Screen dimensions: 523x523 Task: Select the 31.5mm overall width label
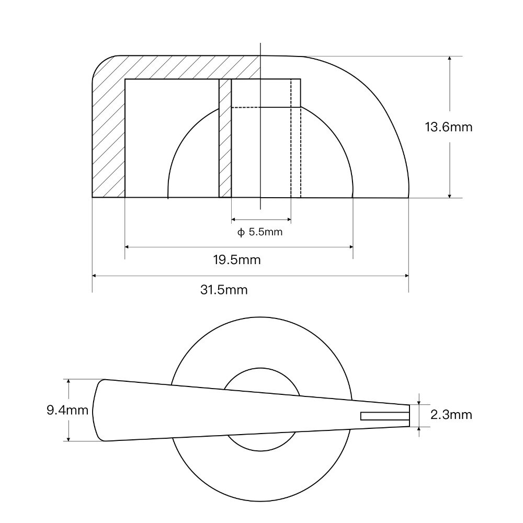pos(224,289)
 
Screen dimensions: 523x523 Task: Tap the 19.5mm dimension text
pos(237,259)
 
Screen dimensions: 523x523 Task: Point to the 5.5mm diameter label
pos(266,232)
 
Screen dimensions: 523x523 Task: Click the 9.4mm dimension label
pos(67,410)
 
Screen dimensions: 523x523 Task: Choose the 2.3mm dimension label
pos(451,415)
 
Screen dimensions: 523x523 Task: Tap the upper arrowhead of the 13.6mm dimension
pos(449,59)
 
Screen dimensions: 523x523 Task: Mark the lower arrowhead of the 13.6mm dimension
pos(449,195)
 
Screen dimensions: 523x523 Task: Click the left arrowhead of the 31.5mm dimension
pos(95,276)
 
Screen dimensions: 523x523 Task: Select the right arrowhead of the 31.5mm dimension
pos(406,276)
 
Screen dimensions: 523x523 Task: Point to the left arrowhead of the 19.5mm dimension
pos(128,246)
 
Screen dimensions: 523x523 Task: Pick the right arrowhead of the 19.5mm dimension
pos(350,246)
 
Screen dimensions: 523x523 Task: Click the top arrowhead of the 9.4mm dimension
pos(68,382)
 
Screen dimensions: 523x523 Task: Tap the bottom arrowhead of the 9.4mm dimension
pos(68,438)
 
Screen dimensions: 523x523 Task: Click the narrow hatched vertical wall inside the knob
pos(225,139)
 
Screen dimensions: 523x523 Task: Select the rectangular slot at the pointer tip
pos(384,416)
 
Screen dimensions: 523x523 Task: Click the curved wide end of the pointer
pos(96,410)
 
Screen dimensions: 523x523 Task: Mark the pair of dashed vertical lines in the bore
pos(295,139)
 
